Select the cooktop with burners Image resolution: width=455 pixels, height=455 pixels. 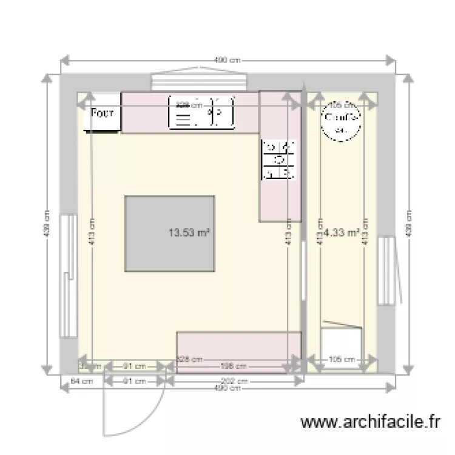point(279,160)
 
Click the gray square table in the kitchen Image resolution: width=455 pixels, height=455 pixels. point(170,234)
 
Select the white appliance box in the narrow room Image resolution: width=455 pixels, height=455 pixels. point(342,340)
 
